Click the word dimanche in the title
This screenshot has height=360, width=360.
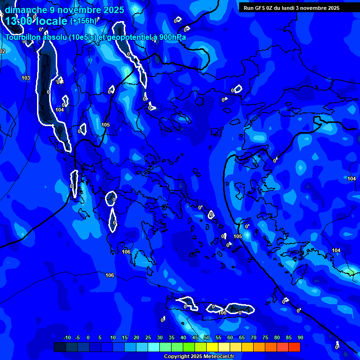(x=25, y=10)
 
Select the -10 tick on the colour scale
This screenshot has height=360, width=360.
(x=67, y=338)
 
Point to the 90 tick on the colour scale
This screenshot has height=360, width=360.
(x=300, y=338)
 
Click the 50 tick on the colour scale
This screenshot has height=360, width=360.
(x=207, y=338)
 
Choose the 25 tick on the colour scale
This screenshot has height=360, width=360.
(x=148, y=338)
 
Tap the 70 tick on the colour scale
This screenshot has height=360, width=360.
(x=254, y=338)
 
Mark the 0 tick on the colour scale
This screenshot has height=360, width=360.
(x=88, y=338)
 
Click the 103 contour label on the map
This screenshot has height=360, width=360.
(x=26, y=78)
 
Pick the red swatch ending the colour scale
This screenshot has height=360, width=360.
(x=294, y=347)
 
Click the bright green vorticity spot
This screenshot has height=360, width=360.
(x=351, y=272)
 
